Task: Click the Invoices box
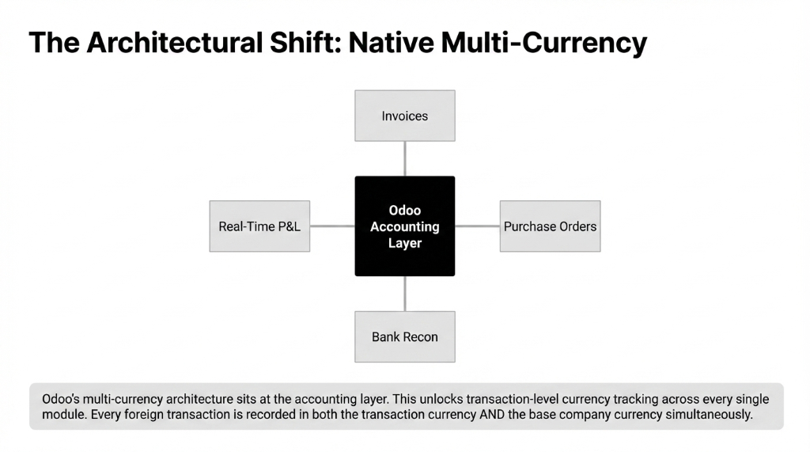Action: pos(404,116)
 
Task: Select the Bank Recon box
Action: pos(404,336)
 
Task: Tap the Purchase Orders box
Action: pos(550,226)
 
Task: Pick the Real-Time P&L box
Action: pos(259,226)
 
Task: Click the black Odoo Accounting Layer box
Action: pos(404,226)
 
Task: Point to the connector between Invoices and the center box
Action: pos(404,158)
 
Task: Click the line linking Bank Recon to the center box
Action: pos(404,294)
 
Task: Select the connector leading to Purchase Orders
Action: pos(477,226)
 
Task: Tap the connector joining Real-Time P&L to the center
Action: pos(332,226)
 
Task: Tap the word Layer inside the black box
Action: pos(404,243)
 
